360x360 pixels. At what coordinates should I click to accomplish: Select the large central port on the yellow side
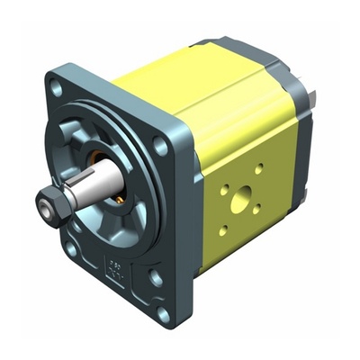pyautogui.click(x=240, y=203)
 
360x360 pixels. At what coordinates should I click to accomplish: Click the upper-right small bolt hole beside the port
pyautogui.click(x=260, y=168)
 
